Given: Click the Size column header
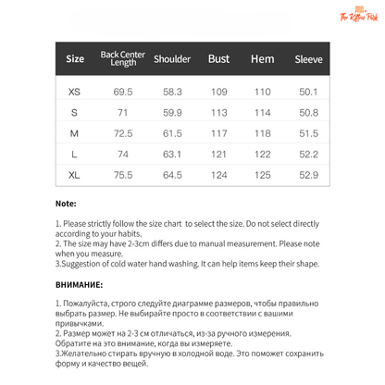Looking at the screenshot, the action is coord(75,60).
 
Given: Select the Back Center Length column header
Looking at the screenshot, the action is coord(123,60).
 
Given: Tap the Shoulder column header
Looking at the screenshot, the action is coord(172,60).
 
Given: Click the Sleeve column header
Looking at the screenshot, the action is coord(308,60).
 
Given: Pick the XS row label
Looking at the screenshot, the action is coord(75,93).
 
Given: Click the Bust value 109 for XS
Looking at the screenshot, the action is coord(218,93).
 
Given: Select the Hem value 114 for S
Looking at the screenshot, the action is coord(263,113).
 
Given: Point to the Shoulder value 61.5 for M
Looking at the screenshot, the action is coord(172,133).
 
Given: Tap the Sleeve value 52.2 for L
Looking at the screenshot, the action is coord(308,154).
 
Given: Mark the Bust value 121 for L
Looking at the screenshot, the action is coord(218,154).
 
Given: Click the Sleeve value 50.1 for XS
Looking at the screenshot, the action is coord(308,93).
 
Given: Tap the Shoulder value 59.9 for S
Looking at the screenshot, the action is coord(172,113).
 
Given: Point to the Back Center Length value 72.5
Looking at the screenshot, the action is coord(123,133).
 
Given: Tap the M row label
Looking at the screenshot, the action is coord(75,133).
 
